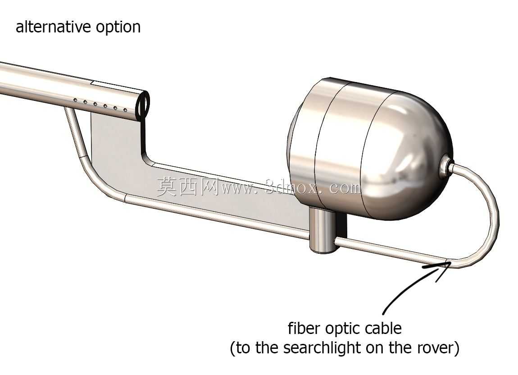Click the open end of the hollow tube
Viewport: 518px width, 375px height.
coord(142,104)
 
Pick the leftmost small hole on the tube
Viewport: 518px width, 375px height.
coord(75,100)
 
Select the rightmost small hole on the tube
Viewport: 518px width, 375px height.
coord(125,110)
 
